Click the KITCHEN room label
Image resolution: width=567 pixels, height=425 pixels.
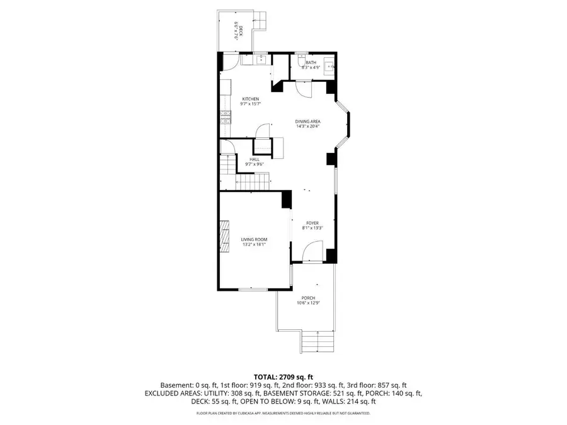[x=251, y=99]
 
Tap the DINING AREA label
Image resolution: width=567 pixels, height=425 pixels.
[x=308, y=121]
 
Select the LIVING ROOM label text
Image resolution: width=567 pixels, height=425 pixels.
[x=254, y=239]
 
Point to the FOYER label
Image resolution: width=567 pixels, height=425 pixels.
[x=312, y=223]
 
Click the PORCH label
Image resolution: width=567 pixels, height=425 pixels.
[x=308, y=298]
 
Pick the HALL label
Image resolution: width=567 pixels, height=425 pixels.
[x=254, y=159]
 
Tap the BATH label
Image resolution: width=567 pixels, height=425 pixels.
[x=311, y=62]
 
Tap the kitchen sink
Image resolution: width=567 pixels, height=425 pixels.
[x=260, y=59]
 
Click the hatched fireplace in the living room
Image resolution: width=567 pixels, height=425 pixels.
[x=224, y=236]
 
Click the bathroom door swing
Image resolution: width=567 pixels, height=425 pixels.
[x=304, y=89]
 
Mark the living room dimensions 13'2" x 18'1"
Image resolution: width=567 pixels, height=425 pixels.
[x=254, y=245]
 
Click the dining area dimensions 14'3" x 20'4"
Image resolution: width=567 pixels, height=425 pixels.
[x=308, y=126]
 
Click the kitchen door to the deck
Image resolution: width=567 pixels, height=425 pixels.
[x=230, y=62]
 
